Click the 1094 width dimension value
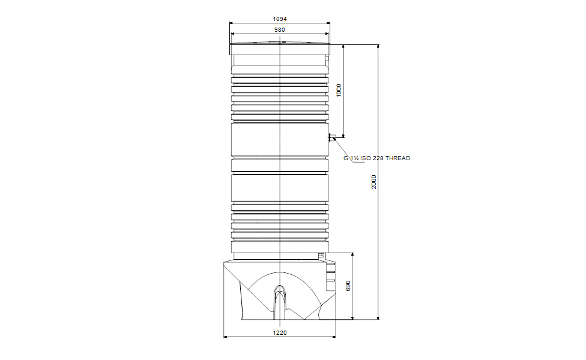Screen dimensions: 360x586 pyautogui.click(x=280, y=19)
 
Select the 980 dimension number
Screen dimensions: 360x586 pyautogui.click(x=280, y=29)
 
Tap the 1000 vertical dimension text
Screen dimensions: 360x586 pyautogui.click(x=339, y=91)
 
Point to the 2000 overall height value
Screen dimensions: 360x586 pyautogui.click(x=373, y=182)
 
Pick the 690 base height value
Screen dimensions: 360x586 pyautogui.click(x=348, y=286)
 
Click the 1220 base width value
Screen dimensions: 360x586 pyautogui.click(x=280, y=332)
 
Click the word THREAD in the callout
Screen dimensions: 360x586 pyautogui.click(x=397, y=158)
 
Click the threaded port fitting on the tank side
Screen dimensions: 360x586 pyautogui.click(x=330, y=138)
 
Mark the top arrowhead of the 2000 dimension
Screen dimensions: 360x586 pyautogui.click(x=378, y=47)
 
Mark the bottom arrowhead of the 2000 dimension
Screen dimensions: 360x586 pyautogui.click(x=378, y=317)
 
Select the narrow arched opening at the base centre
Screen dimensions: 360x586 pyautogui.click(x=280, y=300)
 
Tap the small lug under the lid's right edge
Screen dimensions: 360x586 pyautogui.click(x=327, y=59)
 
